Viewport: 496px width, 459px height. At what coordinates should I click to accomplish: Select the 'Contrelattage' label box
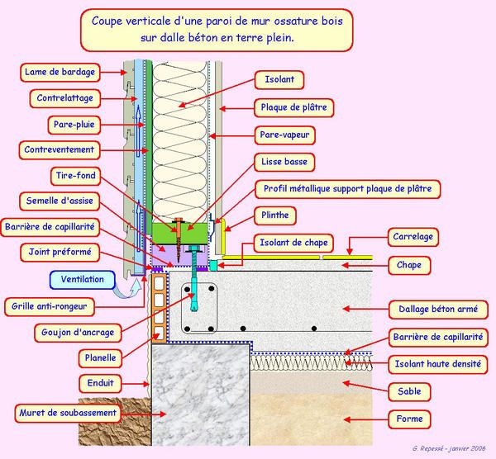coord(66,97)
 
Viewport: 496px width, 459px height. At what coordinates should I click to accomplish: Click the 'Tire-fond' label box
coord(71,176)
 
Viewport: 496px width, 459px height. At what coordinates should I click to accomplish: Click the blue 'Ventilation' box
coord(83,279)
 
